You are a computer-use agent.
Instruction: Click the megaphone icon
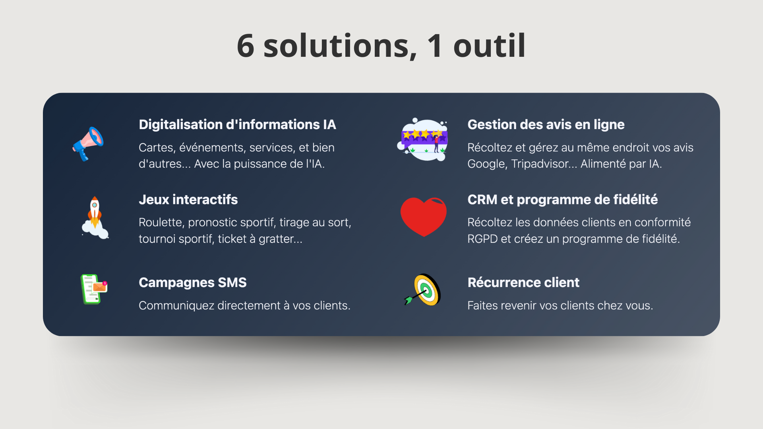click(88, 144)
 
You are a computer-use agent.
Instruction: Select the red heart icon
click(424, 217)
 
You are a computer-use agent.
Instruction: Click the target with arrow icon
click(423, 290)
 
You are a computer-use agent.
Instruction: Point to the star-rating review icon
click(423, 139)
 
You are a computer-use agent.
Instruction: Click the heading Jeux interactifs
click(188, 199)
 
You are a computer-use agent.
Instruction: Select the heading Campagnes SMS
click(193, 282)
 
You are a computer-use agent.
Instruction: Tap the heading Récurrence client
click(523, 282)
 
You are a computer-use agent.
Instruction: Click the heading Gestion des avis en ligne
click(546, 125)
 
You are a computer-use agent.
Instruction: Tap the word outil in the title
click(490, 46)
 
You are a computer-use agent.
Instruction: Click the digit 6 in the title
click(246, 46)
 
